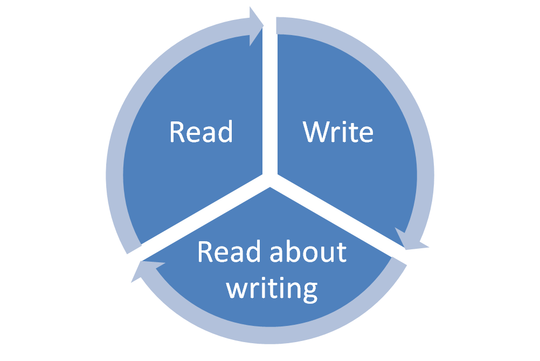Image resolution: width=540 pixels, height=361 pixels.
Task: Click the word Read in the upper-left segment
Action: pos(200,132)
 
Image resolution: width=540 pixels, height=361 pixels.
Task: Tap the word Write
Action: pos(338,132)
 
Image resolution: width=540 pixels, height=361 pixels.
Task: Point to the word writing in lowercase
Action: pos(272,288)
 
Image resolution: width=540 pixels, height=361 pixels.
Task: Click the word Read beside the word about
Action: pos(223,252)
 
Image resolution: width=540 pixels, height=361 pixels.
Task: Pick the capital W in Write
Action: pos(316,132)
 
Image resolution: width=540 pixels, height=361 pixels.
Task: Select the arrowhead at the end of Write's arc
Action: pos(409,240)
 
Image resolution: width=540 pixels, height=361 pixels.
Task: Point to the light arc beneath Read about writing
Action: pos(269,336)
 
